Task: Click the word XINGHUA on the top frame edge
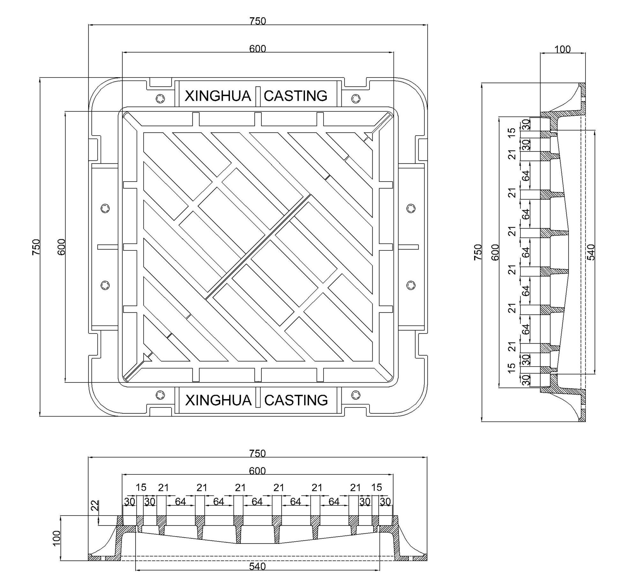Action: [218, 96]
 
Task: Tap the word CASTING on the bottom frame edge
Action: [296, 400]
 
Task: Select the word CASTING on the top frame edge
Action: [295, 96]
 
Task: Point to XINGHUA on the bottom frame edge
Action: [218, 400]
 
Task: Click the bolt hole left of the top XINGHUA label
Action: [160, 98]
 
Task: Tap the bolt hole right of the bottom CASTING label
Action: [356, 395]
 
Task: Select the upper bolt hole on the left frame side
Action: [105, 208]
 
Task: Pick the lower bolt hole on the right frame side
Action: [411, 285]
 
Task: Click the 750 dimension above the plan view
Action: [257, 21]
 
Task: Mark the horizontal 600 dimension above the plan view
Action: [257, 49]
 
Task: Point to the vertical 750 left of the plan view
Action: [36, 247]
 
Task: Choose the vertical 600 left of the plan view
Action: [62, 247]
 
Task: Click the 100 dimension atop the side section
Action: [563, 49]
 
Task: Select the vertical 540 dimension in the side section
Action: [591, 252]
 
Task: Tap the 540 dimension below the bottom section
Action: [257, 566]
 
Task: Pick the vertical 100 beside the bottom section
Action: [56, 538]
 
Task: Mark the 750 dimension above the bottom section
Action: [257, 453]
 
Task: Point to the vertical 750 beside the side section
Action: [478, 252]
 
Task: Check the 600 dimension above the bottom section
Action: [257, 471]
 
